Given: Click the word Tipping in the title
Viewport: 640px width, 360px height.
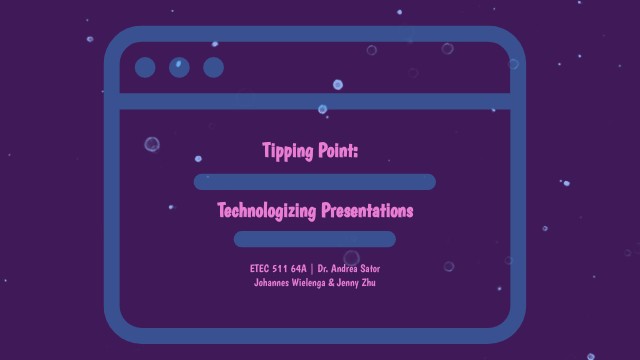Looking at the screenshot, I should point(287,151).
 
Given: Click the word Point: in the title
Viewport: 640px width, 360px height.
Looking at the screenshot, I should point(337,151).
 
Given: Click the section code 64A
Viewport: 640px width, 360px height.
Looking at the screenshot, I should point(299,268).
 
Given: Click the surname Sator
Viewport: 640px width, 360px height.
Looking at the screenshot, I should point(371,268).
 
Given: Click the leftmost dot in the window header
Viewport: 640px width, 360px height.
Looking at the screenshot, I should point(145,67).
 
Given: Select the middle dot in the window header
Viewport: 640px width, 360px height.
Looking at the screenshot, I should point(179,67).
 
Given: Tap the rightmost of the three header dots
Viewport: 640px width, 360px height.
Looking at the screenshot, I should point(213,67).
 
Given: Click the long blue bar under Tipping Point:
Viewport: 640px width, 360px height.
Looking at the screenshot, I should point(315,181).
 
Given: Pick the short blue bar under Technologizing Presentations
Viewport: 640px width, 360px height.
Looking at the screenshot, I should point(315,239).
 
